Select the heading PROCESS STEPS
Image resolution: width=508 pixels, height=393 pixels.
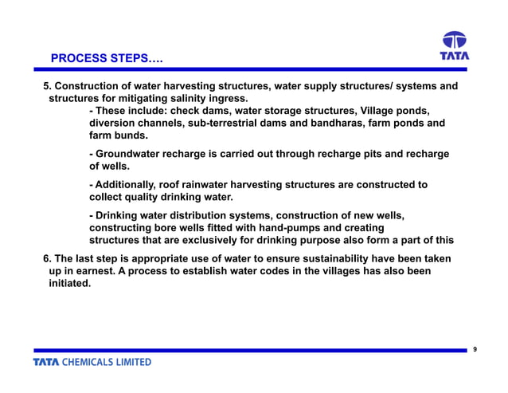pos(100,59)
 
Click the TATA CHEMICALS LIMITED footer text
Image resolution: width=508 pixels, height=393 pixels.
pos(92,362)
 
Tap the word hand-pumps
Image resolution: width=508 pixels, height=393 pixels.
pos(268,228)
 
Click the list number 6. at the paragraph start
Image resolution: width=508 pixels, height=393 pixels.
pos(47,259)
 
